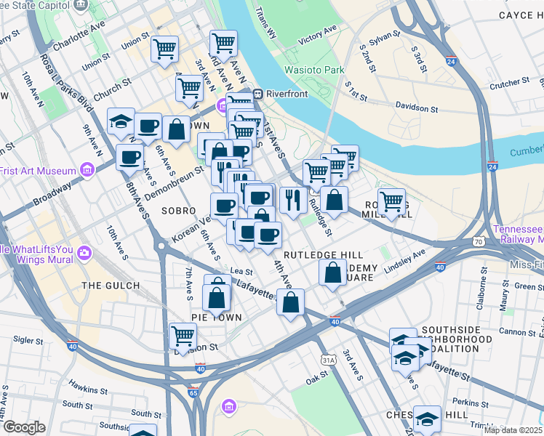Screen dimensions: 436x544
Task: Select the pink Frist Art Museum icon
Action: [x=88, y=171]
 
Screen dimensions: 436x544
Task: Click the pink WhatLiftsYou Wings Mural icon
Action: [x=84, y=253]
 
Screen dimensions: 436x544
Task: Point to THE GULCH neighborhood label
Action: [x=111, y=286]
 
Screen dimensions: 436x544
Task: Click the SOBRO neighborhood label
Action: [x=179, y=211]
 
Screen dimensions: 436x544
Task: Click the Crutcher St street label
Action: [x=509, y=85]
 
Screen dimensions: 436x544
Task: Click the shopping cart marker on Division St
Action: [x=183, y=336]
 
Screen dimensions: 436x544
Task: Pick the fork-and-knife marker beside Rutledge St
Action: [x=292, y=200]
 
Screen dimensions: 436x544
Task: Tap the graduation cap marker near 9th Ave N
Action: [x=121, y=122]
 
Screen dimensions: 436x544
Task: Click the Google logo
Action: [x=24, y=427]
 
